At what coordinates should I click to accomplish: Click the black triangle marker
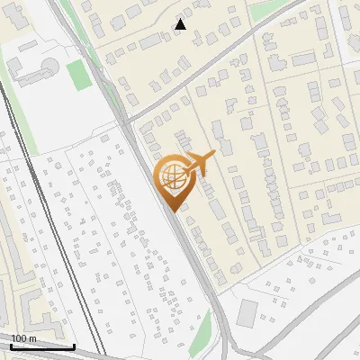click(181, 24)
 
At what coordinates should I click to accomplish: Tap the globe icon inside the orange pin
click(171, 175)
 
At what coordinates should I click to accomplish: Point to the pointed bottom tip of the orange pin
click(172, 210)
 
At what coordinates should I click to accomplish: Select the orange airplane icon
click(199, 164)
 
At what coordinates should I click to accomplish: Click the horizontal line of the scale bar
click(42, 346)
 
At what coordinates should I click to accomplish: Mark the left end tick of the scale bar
click(11, 345)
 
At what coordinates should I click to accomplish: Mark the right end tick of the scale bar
click(74, 345)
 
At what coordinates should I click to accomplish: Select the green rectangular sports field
click(79, 75)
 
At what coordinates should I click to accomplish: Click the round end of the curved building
click(50, 67)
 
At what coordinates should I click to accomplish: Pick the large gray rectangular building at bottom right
click(247, 312)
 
